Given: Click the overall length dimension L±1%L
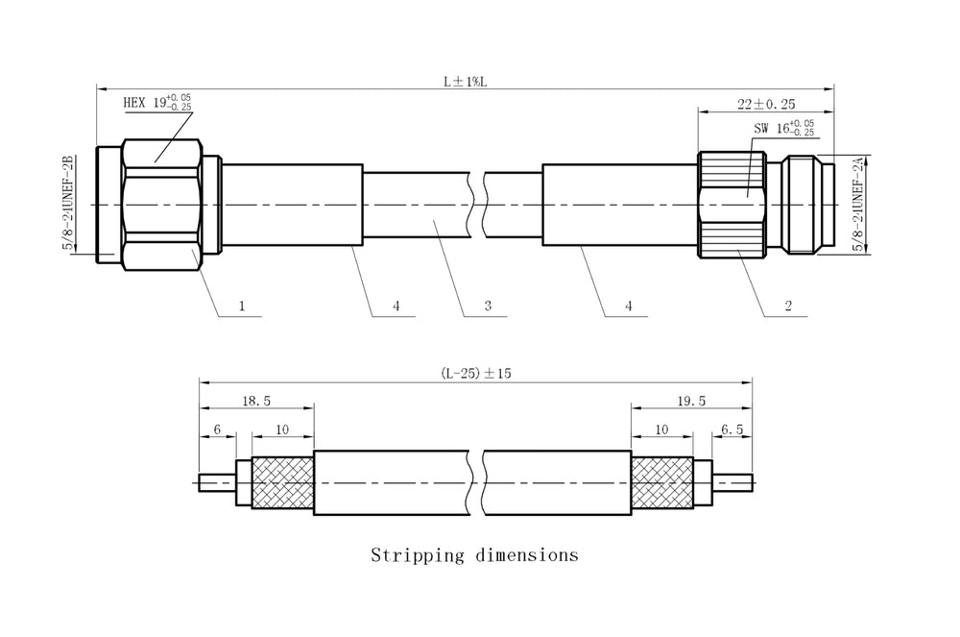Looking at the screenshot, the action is coord(466,82).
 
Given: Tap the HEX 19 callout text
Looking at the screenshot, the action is coord(157,102).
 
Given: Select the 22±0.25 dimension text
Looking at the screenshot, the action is coord(766,104).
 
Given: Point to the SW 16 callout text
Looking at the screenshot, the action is coord(783,128).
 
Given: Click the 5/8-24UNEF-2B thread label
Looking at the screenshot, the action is coord(68,203).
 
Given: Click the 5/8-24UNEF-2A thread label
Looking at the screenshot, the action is coord(858,204).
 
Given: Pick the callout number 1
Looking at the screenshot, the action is coord(242,306).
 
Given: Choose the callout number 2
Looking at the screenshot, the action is coord(788,306).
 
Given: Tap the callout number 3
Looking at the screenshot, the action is coord(488,306).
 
